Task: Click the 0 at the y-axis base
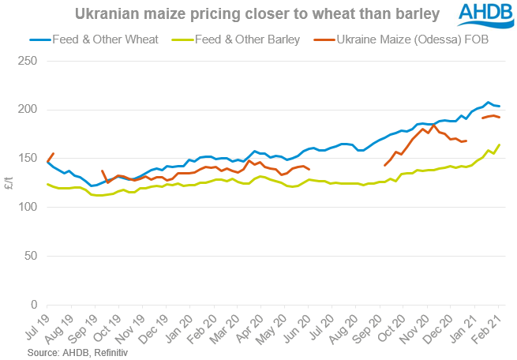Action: pos(33,305)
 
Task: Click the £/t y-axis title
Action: pos(9,182)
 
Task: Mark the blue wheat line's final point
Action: pos(500,107)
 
